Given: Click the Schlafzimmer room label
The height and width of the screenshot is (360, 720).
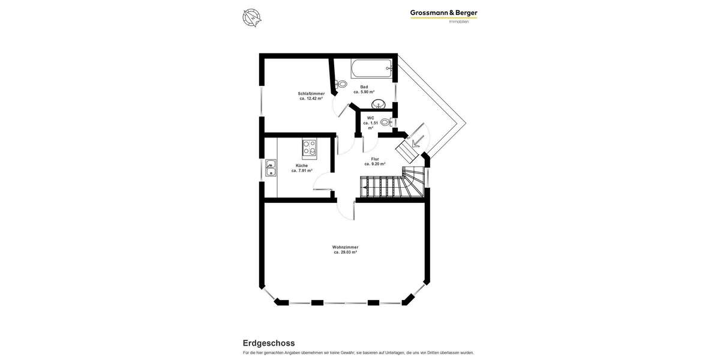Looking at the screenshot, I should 311,94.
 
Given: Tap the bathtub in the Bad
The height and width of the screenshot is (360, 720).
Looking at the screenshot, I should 371,68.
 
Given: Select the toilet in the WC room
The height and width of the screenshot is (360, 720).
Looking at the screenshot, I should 385,122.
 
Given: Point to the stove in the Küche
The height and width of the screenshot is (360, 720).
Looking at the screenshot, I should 309,147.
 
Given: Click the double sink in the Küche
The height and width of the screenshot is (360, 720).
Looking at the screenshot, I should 271,168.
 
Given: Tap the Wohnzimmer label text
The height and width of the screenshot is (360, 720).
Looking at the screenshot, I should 345,247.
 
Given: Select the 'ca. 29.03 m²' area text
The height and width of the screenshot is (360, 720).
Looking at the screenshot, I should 345,253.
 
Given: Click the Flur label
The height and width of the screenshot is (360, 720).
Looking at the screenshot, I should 374,159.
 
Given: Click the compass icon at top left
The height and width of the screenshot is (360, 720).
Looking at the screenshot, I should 251,17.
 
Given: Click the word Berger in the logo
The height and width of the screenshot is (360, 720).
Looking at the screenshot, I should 466,13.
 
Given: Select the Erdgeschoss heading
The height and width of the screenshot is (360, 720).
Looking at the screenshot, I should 268,343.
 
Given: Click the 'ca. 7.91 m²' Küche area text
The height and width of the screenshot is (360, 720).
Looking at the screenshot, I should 302,171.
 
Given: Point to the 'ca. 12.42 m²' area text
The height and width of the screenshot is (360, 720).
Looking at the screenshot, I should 311,98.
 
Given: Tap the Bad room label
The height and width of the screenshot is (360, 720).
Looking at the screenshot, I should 364,87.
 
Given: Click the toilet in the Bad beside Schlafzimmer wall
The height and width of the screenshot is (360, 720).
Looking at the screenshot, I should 341,85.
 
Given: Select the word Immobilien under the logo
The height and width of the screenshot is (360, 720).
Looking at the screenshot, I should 458,22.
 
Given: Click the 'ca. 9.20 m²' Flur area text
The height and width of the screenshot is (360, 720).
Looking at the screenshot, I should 374,164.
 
